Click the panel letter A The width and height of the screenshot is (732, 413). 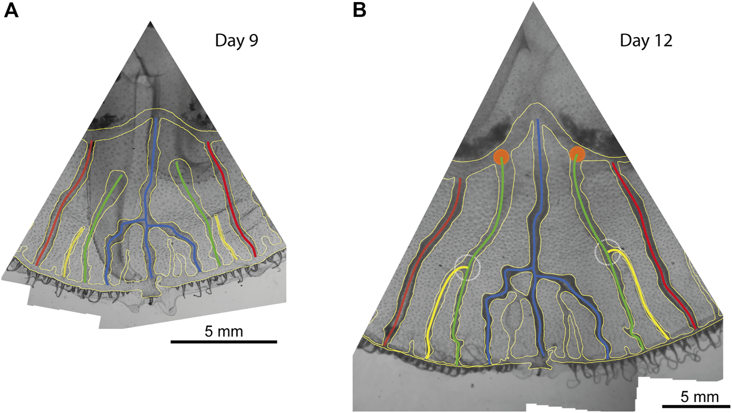(11, 10)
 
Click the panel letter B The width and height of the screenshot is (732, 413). (360, 10)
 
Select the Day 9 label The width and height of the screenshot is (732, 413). (236, 41)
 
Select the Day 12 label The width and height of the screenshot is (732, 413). (646, 41)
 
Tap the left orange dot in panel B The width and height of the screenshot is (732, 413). (501, 156)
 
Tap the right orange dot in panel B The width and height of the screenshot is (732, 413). (577, 154)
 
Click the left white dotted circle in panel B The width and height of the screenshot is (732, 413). (467, 268)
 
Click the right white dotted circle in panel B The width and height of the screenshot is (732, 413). (607, 252)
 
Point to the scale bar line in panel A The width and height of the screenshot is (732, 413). (224, 341)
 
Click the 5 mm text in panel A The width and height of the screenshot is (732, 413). (224, 331)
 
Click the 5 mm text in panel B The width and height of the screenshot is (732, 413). (699, 396)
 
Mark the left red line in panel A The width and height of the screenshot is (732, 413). (64, 203)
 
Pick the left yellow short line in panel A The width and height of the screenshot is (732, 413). (73, 252)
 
